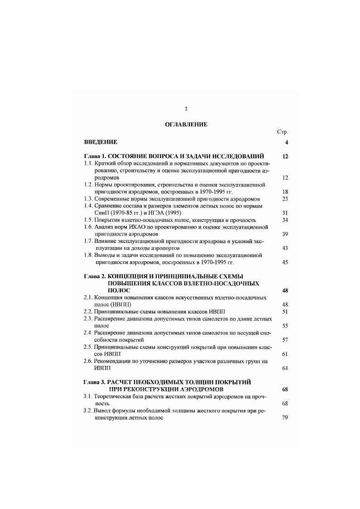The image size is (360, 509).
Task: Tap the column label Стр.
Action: [x=283, y=132]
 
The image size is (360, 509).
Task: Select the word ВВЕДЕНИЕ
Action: [x=101, y=142]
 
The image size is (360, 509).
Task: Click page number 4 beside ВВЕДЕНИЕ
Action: [x=287, y=143]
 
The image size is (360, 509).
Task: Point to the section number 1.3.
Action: [x=88, y=198]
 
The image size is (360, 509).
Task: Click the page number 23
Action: [x=285, y=198]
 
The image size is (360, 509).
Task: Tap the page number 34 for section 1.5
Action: [x=285, y=220]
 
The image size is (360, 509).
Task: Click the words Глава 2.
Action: [x=95, y=276]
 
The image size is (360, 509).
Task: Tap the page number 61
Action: [x=285, y=354]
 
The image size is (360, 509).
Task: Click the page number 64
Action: [x=285, y=368]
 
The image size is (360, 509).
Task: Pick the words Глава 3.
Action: [x=95, y=382]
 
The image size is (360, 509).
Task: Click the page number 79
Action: [x=285, y=418]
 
